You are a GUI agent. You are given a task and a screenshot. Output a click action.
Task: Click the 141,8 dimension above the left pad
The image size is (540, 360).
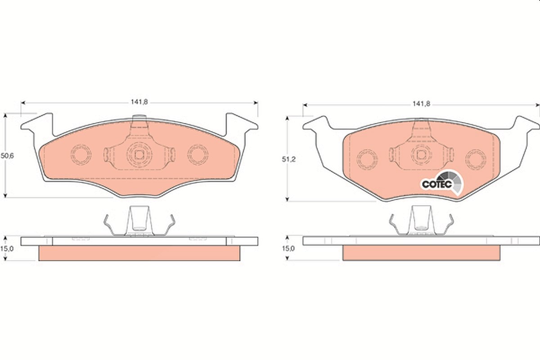(x=139, y=102)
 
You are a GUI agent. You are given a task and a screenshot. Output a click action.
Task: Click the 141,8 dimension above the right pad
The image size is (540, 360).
(x=421, y=104)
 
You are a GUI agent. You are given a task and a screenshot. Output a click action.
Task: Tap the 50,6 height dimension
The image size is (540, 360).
(x=7, y=156)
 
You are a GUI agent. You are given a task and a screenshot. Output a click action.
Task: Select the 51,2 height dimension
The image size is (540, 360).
(x=288, y=159)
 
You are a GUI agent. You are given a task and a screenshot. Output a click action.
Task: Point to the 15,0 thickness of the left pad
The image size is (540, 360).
(x=7, y=248)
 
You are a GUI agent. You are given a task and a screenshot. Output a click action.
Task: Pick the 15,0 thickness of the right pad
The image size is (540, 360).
(x=288, y=248)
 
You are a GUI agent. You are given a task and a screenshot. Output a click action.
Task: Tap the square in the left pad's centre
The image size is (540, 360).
(x=139, y=155)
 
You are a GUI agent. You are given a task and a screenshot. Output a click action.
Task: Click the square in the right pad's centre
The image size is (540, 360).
(x=421, y=154)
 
